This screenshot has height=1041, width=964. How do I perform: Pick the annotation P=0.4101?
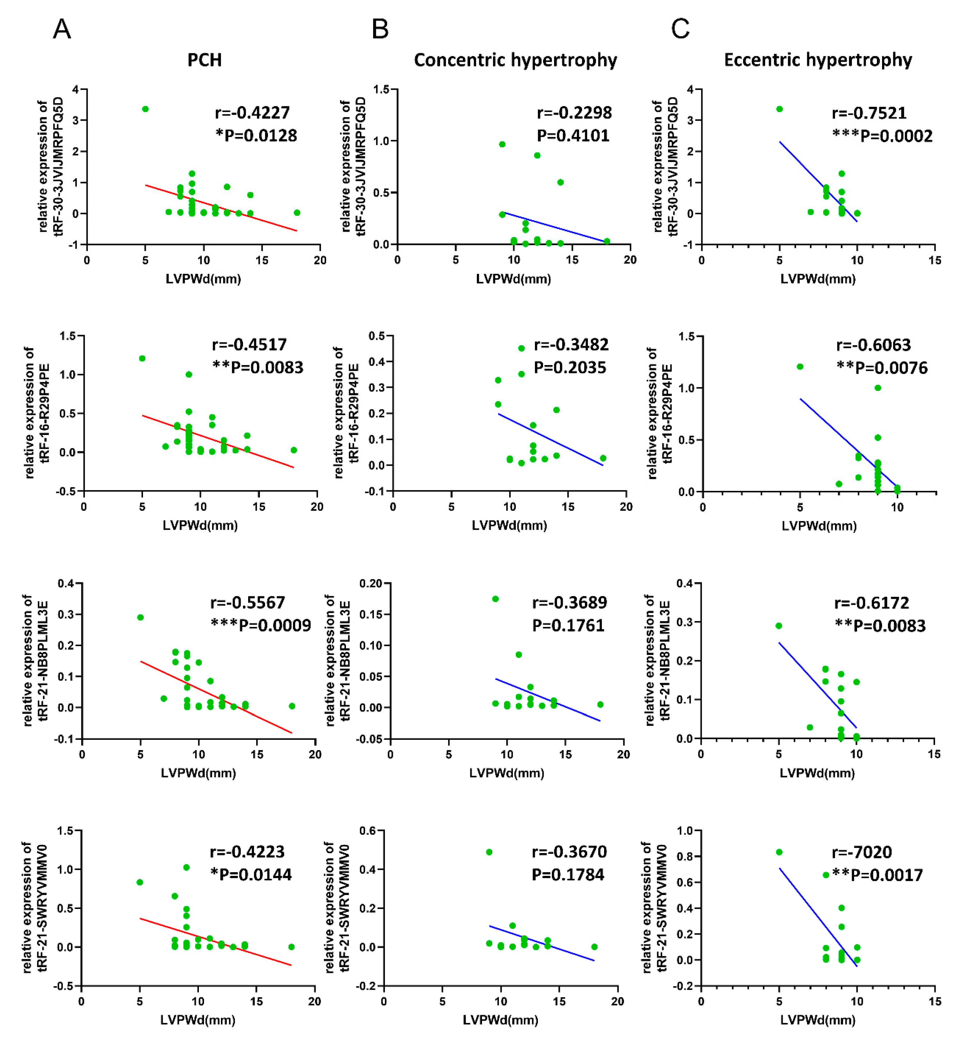pos(573,136)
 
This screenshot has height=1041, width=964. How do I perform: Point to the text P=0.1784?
pos(568,875)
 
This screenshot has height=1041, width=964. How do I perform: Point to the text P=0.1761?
pos(568,625)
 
